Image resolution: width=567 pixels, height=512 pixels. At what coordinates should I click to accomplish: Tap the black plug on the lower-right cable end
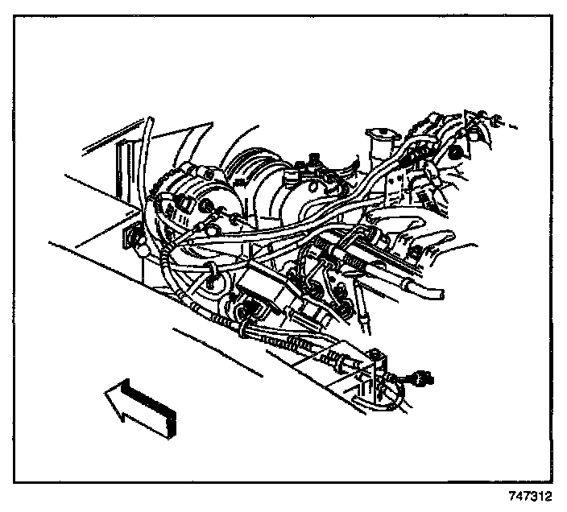click(x=420, y=375)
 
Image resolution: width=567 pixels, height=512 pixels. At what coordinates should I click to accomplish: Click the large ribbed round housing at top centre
click(x=258, y=185)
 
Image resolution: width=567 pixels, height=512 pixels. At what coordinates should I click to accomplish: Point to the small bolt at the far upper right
click(x=500, y=122)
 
